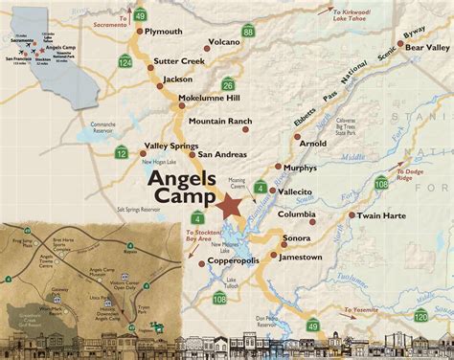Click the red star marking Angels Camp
pyautogui.click(x=230, y=206)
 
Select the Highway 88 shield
pyautogui.click(x=248, y=59)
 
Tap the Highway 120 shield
pyautogui.click(x=420, y=316)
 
